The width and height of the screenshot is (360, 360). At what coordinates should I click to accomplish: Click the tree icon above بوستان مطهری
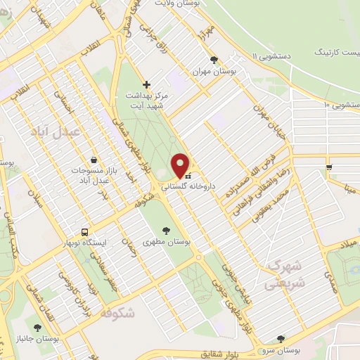click(x=166, y=229)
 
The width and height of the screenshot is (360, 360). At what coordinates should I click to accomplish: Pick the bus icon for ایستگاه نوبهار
click(x=85, y=231)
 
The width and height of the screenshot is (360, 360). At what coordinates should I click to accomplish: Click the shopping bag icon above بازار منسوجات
click(x=94, y=159)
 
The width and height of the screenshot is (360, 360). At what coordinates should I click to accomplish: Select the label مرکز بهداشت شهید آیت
click(x=148, y=99)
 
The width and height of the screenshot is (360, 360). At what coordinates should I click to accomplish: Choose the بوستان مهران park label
click(x=215, y=72)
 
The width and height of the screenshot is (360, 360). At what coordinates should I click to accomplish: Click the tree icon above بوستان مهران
click(x=214, y=60)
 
